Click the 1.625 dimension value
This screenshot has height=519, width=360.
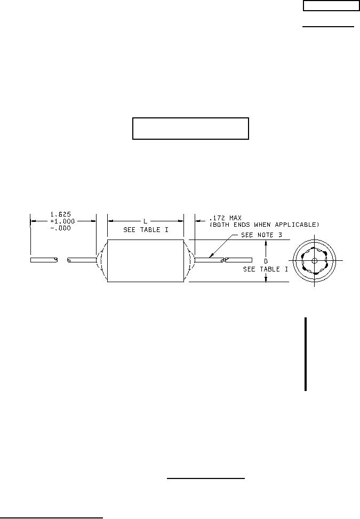(x=61, y=214)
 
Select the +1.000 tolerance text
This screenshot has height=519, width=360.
(x=62, y=221)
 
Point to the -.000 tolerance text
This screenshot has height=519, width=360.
(x=61, y=228)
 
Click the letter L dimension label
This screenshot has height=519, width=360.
(x=145, y=221)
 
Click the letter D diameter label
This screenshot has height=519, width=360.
(x=266, y=261)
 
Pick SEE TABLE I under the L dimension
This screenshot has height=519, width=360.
(x=146, y=230)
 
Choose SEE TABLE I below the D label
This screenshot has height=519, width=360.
(x=266, y=269)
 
